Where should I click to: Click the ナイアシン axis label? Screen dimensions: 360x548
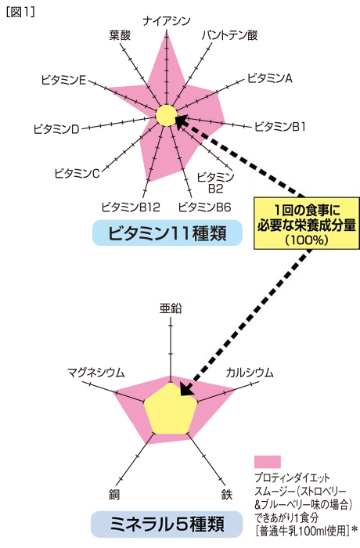[167, 21]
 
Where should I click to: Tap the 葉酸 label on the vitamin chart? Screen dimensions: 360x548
[120, 35]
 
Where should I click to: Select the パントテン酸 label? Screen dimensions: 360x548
[229, 35]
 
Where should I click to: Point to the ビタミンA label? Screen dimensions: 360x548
[269, 78]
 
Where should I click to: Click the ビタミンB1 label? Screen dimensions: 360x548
[279, 126]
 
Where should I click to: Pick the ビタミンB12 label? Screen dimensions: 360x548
[131, 207]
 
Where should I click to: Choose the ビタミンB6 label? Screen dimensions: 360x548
[204, 207]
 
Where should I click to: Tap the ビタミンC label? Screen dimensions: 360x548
[77, 173]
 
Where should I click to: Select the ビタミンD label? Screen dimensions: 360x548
[56, 129]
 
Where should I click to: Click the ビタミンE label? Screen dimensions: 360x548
[63, 80]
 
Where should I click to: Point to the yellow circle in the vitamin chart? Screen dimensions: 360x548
[167, 115]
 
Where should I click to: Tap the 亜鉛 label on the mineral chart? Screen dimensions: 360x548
[171, 308]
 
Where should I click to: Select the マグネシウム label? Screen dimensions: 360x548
[95, 373]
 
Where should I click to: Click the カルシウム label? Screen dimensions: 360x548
[250, 373]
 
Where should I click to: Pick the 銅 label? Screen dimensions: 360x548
[114, 495]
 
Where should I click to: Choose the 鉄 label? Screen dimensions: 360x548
[227, 495]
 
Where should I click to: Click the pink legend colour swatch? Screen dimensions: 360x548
[268, 461]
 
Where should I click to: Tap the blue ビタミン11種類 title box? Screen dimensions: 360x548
[167, 233]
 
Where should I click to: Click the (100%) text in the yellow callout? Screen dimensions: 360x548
[307, 240]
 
